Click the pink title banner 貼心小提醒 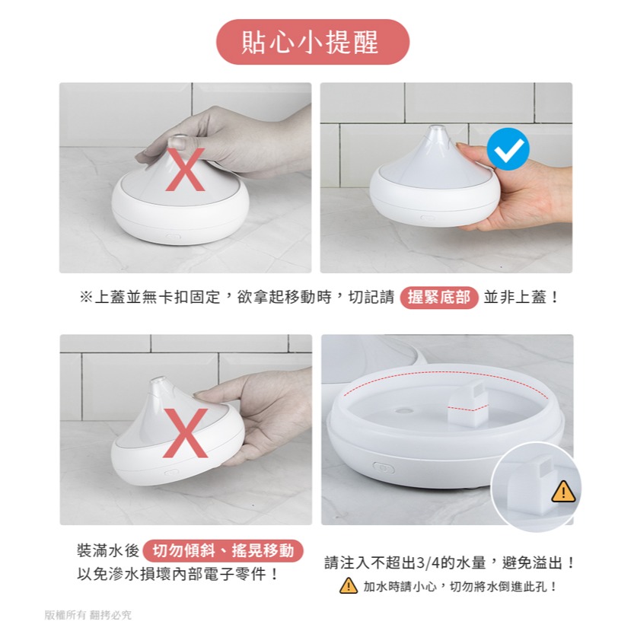click(x=312, y=42)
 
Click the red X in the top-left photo click(x=185, y=169)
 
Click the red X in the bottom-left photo click(x=185, y=433)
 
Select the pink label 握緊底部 click(x=438, y=298)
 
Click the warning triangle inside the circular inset click(x=563, y=492)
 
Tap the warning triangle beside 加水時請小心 click(x=348, y=586)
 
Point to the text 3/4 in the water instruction click(x=428, y=564)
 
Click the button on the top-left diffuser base click(x=173, y=237)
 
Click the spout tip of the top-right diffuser click(x=437, y=130)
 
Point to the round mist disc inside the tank click(x=404, y=409)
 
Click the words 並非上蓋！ click(x=522, y=298)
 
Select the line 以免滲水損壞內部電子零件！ click(x=178, y=575)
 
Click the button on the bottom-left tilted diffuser click(x=171, y=472)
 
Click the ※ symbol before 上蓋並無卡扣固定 click(x=85, y=298)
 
